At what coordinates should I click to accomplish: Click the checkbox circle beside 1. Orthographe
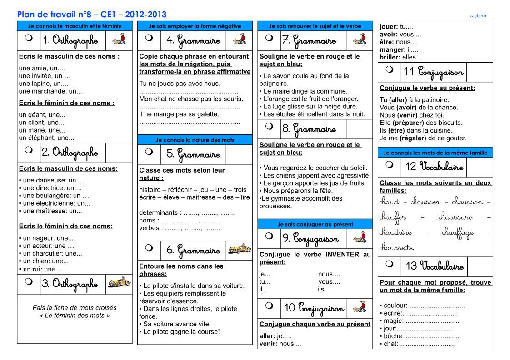click(x=29, y=39)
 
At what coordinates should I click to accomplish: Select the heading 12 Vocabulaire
click(x=435, y=166)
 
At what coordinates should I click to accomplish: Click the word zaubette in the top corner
click(x=478, y=16)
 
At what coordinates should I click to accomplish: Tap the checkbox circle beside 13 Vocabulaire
click(x=390, y=264)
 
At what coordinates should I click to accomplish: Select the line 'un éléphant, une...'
click(x=46, y=138)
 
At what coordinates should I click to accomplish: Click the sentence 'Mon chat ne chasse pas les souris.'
click(x=191, y=99)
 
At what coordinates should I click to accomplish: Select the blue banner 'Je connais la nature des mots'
click(x=195, y=140)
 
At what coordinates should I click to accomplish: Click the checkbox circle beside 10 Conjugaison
click(x=270, y=306)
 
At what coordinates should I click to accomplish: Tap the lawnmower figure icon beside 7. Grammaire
click(x=359, y=39)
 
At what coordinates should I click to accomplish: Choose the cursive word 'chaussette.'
click(x=396, y=248)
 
